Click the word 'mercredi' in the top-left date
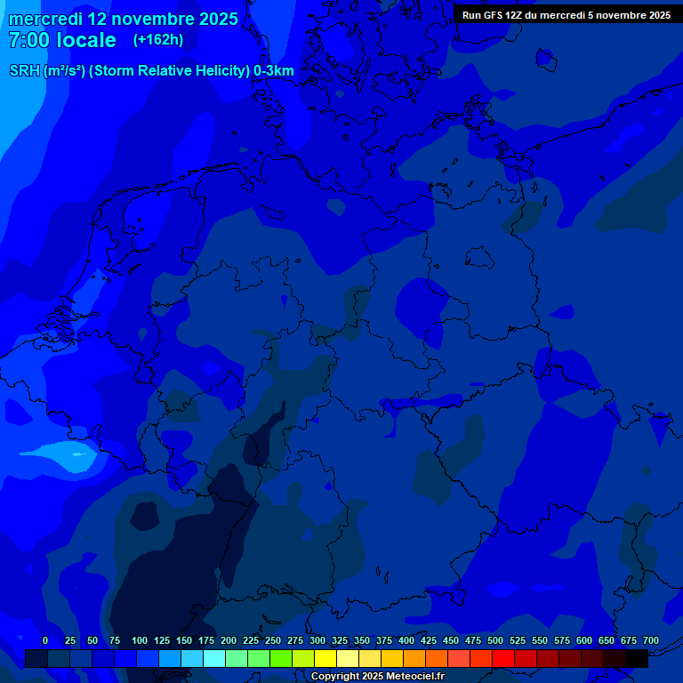coord(45,19)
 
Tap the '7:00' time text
coord(28,40)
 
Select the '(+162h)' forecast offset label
coord(157,40)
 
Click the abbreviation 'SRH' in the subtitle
coord(24,71)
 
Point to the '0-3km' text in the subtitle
coord(274,71)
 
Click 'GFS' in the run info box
coord(492,15)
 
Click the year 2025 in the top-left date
coord(217,19)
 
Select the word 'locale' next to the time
coord(86,40)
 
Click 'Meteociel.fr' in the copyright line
coord(408,677)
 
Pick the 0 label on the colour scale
coord(45,640)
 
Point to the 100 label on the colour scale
coord(140,640)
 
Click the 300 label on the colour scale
coord(317,640)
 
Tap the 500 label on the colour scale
coord(495,640)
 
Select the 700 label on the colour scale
coord(651,640)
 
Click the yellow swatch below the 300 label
coord(325,658)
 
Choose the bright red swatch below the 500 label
coord(503,658)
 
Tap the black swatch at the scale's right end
coord(637,658)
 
